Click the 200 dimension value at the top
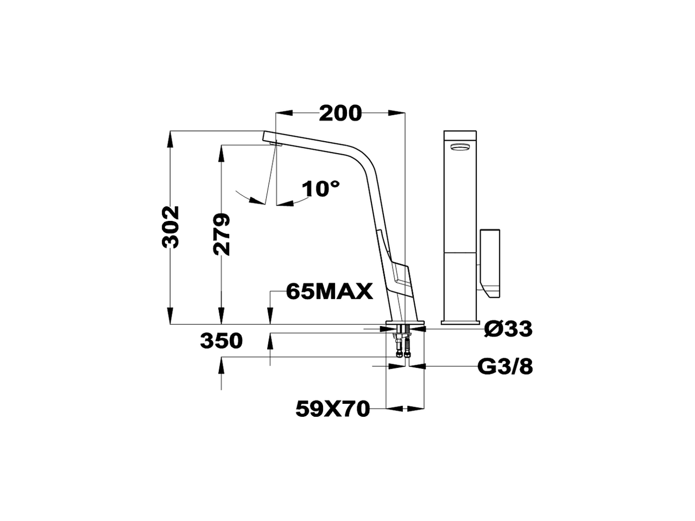pyautogui.click(x=340, y=113)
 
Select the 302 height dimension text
pyautogui.click(x=171, y=227)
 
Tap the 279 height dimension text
pyautogui.click(x=221, y=234)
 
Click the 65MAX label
pyautogui.click(x=329, y=292)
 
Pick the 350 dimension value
pyautogui.click(x=221, y=341)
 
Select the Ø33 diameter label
pyautogui.click(x=509, y=328)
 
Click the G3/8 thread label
pyautogui.click(x=505, y=367)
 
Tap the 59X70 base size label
pyautogui.click(x=332, y=408)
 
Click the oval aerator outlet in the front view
pyautogui.click(x=460, y=147)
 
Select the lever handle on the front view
pyautogui.click(x=490, y=263)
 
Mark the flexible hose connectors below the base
pyautogui.click(x=403, y=347)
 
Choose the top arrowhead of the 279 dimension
pyautogui.click(x=221, y=152)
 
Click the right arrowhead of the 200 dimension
pyautogui.click(x=399, y=113)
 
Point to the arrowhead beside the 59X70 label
pyautogui.click(x=415, y=408)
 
